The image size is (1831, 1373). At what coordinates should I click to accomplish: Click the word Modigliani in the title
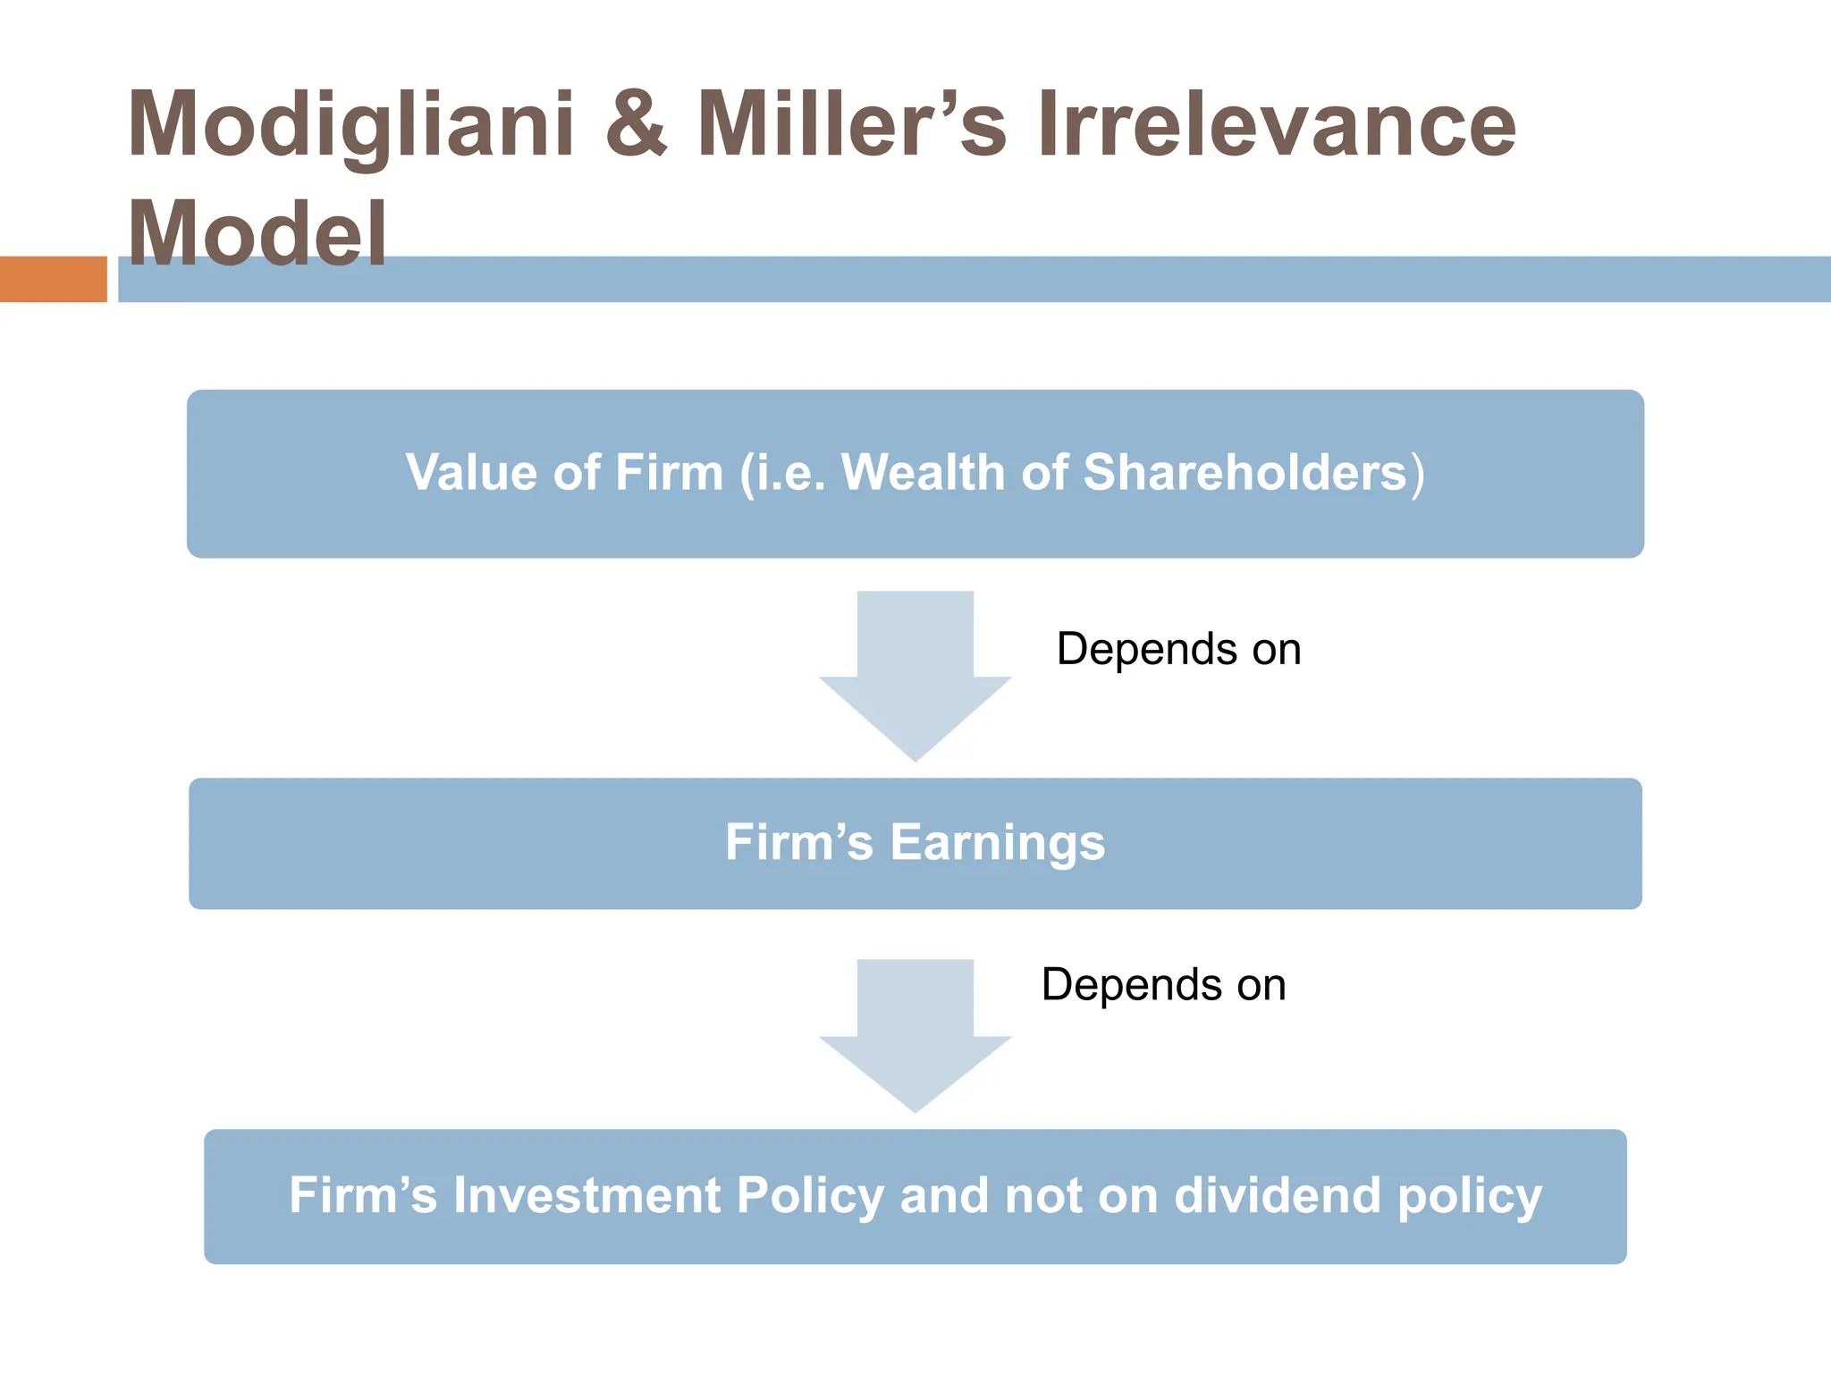click(350, 125)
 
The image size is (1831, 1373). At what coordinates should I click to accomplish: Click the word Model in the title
click(257, 232)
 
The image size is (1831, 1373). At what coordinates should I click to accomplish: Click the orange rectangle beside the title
click(53, 279)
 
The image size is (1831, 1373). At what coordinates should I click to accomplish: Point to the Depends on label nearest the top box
click(1178, 649)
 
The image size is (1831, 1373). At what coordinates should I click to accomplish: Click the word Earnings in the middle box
click(997, 843)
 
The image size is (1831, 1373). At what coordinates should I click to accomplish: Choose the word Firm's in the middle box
click(798, 842)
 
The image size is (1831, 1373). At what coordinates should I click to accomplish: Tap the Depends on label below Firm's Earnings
click(1163, 985)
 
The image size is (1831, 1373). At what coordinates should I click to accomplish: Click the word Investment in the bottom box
click(586, 1196)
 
